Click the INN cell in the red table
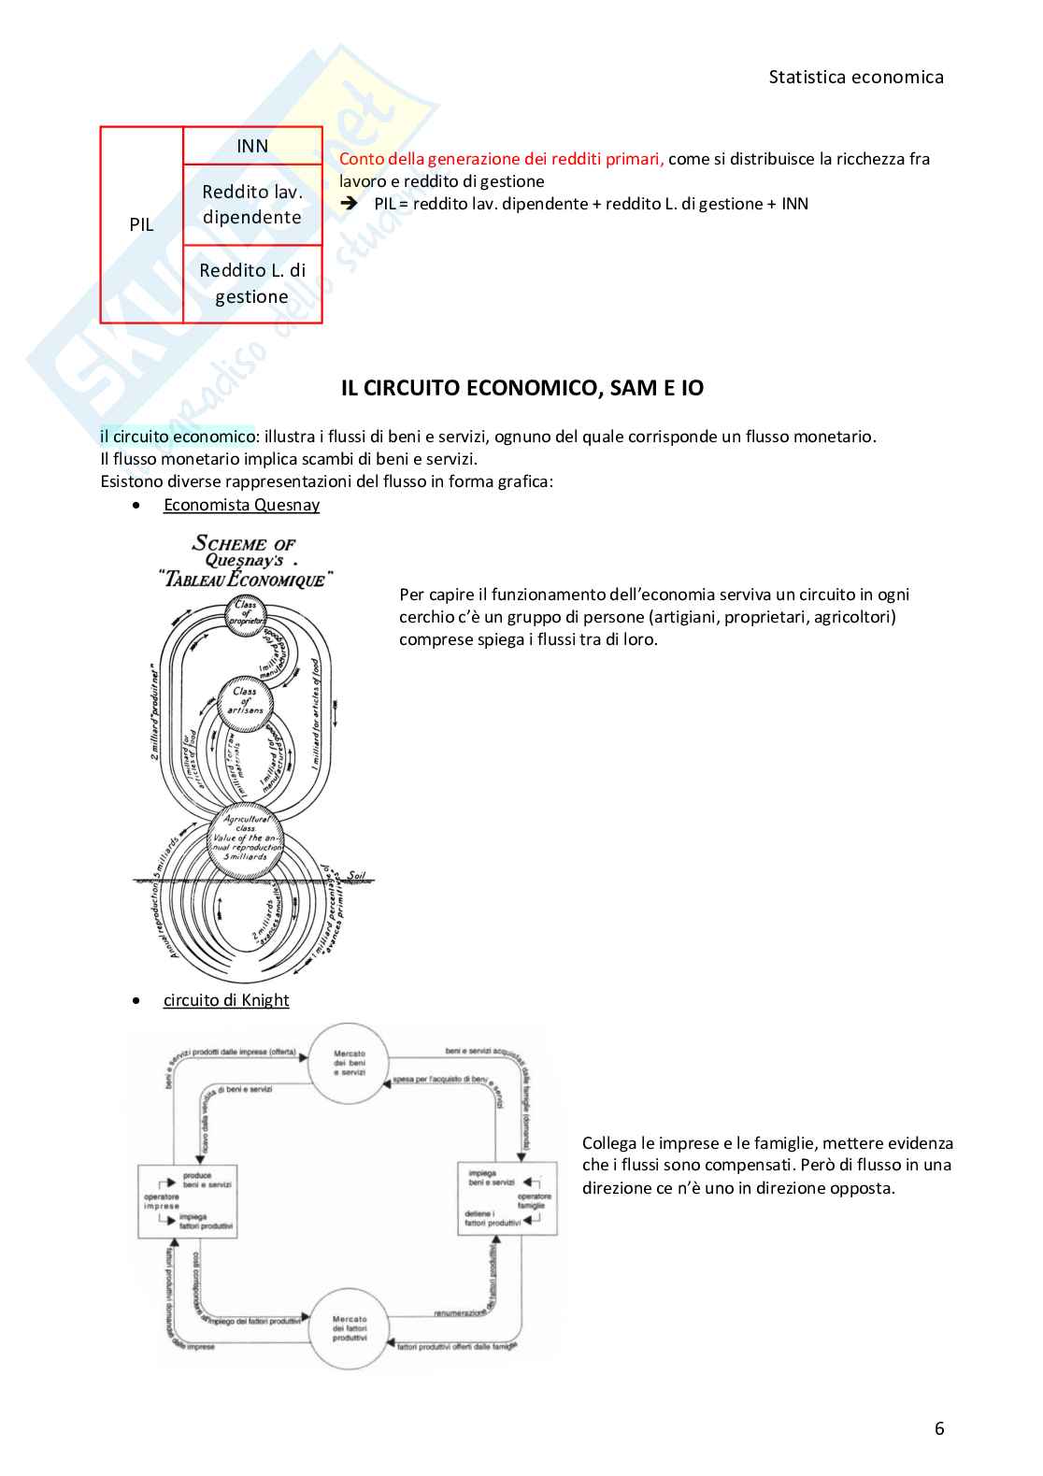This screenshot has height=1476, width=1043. pyautogui.click(x=252, y=146)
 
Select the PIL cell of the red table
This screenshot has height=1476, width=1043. pyautogui.click(x=141, y=225)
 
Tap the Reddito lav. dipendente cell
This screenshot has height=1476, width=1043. pyautogui.click(x=252, y=205)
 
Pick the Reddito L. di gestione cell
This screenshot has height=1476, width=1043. pyautogui.click(x=252, y=283)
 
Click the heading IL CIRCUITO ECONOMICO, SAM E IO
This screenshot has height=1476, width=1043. pyautogui.click(x=521, y=389)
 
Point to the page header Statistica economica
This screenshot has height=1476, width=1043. pyautogui.click(x=855, y=78)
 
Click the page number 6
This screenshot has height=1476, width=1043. pyautogui.click(x=938, y=1427)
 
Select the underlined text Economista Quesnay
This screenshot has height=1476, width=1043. pyautogui.click(x=241, y=505)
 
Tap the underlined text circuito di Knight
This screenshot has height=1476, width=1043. pyautogui.click(x=226, y=1000)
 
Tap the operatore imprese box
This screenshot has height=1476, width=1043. pyautogui.click(x=187, y=1201)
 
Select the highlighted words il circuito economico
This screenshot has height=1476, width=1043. pyautogui.click(x=178, y=437)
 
